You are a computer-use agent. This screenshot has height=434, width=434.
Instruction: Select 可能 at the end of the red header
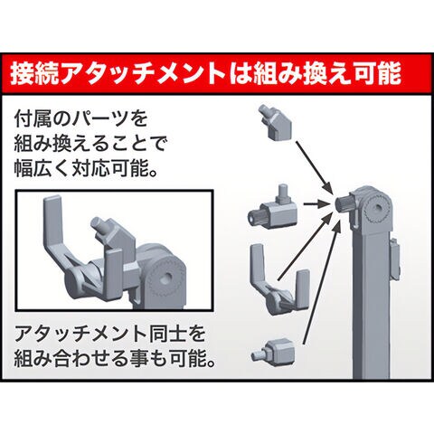click(x=377, y=73)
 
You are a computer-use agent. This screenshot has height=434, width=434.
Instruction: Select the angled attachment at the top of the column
click(x=276, y=122)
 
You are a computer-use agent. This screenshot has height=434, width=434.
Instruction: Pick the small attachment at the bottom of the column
click(x=274, y=350)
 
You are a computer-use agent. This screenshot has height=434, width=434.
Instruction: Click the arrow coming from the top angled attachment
click(x=314, y=167)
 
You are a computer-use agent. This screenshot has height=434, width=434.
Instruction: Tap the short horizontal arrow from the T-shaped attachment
click(x=316, y=204)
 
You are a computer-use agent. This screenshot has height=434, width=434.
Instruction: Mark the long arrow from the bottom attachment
click(x=322, y=283)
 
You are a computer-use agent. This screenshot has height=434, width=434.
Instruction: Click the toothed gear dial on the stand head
click(x=376, y=209)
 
